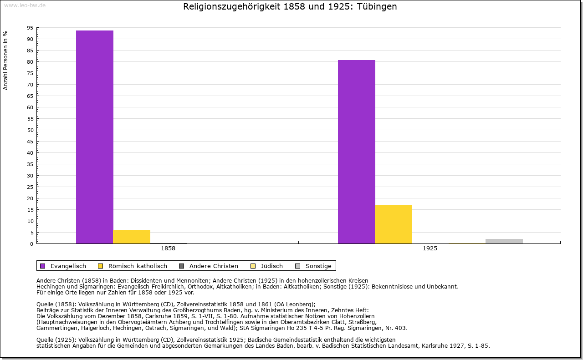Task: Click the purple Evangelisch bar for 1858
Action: [x=95, y=137]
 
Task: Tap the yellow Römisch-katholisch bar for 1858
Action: [x=132, y=237]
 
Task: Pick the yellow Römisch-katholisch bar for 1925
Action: [x=394, y=224]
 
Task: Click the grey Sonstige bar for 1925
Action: [x=504, y=241]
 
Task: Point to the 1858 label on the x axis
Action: [x=168, y=249]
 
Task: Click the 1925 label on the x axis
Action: [x=430, y=249]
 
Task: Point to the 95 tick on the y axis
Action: [x=30, y=28]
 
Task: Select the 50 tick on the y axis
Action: [x=30, y=130]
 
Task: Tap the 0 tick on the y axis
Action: [x=31, y=244]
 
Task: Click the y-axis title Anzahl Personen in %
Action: [x=5, y=60]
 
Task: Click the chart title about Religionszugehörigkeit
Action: [x=290, y=7]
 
